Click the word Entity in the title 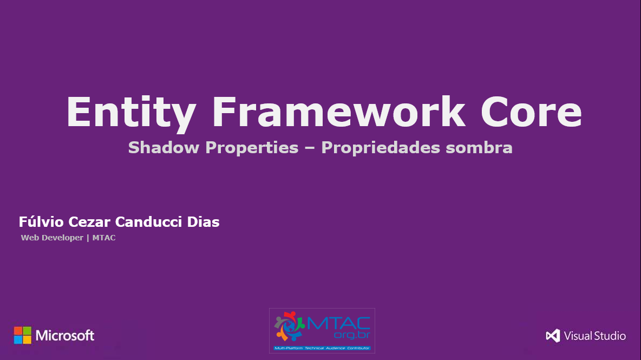click(130, 112)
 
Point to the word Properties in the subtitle click(252, 148)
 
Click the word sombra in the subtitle click(479, 148)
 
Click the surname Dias click(203, 222)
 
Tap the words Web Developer click(52, 238)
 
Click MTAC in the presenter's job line click(104, 238)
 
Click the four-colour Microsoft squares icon click(23, 335)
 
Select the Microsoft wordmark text click(65, 336)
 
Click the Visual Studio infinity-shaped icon click(553, 336)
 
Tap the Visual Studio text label click(594, 336)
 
